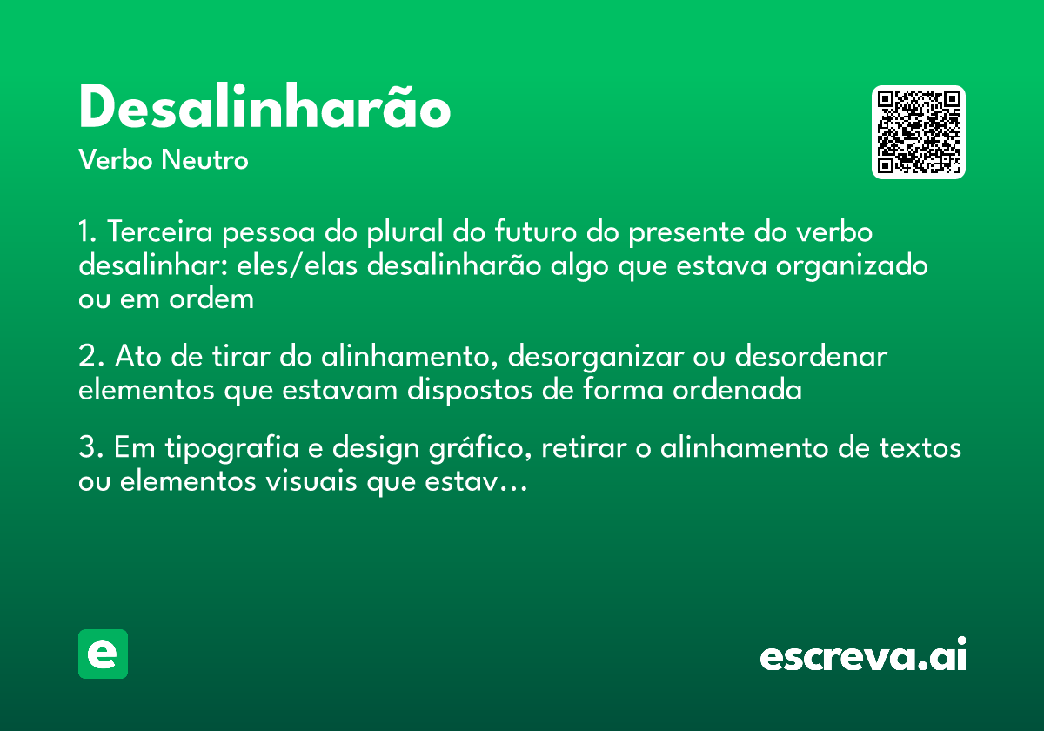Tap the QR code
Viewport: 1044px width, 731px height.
(x=919, y=132)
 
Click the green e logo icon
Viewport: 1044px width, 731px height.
(x=103, y=654)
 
